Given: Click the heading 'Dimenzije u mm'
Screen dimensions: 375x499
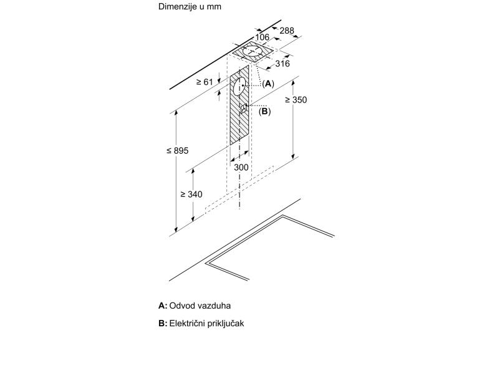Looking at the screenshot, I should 190,7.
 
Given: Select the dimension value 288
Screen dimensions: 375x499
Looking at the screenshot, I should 286,31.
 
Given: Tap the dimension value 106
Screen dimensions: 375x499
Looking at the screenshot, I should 262,37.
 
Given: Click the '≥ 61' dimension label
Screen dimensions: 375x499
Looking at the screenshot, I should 204,82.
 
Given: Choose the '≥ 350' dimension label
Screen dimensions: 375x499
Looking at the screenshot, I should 296,100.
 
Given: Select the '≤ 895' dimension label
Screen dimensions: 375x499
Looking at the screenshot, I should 177,151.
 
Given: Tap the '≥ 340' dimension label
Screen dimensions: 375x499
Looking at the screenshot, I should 191,194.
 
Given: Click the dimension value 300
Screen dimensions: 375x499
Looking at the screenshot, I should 241,167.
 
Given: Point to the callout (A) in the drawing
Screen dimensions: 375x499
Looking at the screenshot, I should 268,83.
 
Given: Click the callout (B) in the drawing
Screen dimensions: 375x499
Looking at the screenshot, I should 264,111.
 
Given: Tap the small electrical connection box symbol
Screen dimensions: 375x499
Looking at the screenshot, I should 243,107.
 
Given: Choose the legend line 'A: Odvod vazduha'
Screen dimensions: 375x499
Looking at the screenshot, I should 195,306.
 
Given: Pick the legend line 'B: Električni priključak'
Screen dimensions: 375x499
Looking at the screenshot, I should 201,323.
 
